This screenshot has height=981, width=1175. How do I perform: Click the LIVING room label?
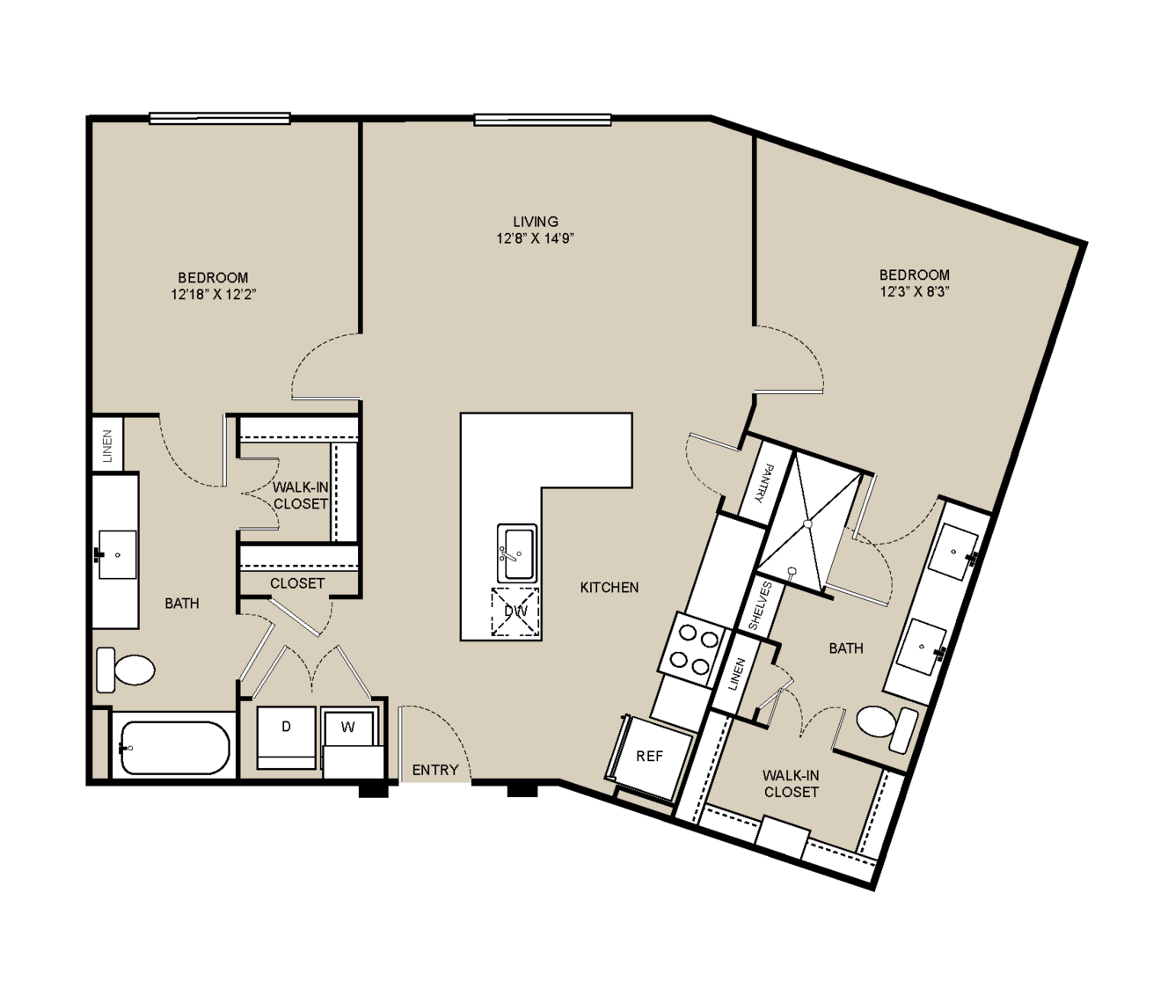coord(535,222)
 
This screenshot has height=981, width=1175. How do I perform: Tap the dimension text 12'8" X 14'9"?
coord(535,238)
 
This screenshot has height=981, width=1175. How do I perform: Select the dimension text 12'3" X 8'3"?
coord(915,292)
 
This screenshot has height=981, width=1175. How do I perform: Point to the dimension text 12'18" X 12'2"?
coord(214,295)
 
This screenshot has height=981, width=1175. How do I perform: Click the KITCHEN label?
coord(609,588)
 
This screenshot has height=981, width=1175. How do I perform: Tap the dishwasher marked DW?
coord(515,611)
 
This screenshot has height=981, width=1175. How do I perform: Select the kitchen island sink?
coord(516,553)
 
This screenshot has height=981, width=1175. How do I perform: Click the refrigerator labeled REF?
coord(649,757)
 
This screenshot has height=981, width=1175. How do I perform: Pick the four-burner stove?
coord(694,649)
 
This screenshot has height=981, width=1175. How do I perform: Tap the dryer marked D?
coord(286,737)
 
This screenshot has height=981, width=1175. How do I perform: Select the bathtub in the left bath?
coord(174,747)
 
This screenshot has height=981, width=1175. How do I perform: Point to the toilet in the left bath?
coord(126,670)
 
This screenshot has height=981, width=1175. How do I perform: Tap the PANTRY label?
coord(765,483)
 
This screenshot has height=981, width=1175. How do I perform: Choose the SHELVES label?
coord(760,606)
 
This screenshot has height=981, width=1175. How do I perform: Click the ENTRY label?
coord(435,770)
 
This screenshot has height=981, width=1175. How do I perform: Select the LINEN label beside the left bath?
coord(107,446)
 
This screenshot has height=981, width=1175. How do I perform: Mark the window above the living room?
coord(543,120)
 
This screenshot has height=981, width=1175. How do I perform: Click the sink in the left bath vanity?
coord(118,554)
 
